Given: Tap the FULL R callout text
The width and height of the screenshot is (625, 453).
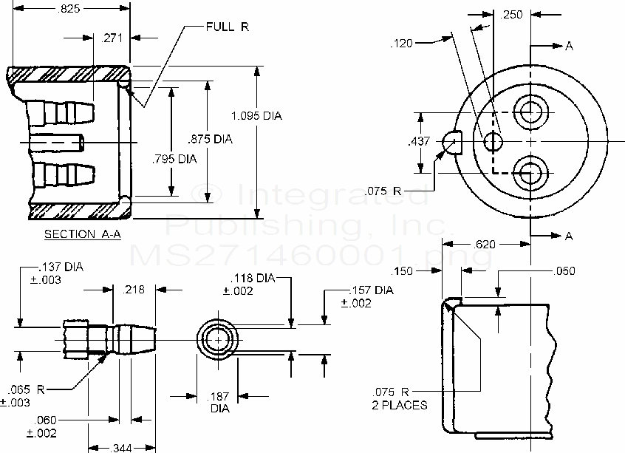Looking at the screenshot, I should tap(226, 27).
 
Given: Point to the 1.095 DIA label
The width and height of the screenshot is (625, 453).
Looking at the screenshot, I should tap(256, 116).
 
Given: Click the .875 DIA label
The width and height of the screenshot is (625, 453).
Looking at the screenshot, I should tap(211, 139).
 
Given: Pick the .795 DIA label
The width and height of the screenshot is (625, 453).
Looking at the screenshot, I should tap(174, 158).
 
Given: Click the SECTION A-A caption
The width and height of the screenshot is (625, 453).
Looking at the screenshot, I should tap(81, 234).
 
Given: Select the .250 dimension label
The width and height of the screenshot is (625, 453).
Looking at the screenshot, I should tap(512, 14).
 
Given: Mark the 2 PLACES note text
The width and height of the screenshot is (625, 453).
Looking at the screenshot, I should tap(400, 405).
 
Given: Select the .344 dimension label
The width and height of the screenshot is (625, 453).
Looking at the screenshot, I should tap(123, 447).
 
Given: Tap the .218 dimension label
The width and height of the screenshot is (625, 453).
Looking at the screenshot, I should tap(134, 290).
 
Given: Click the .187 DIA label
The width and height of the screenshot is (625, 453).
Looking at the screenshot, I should tap(219, 402).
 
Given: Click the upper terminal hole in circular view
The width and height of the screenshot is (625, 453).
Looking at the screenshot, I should tap(530, 111).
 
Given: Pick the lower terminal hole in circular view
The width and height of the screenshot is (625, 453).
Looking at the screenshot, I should tap(530, 172).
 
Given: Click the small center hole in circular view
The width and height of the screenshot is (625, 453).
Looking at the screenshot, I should tap(492, 141).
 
